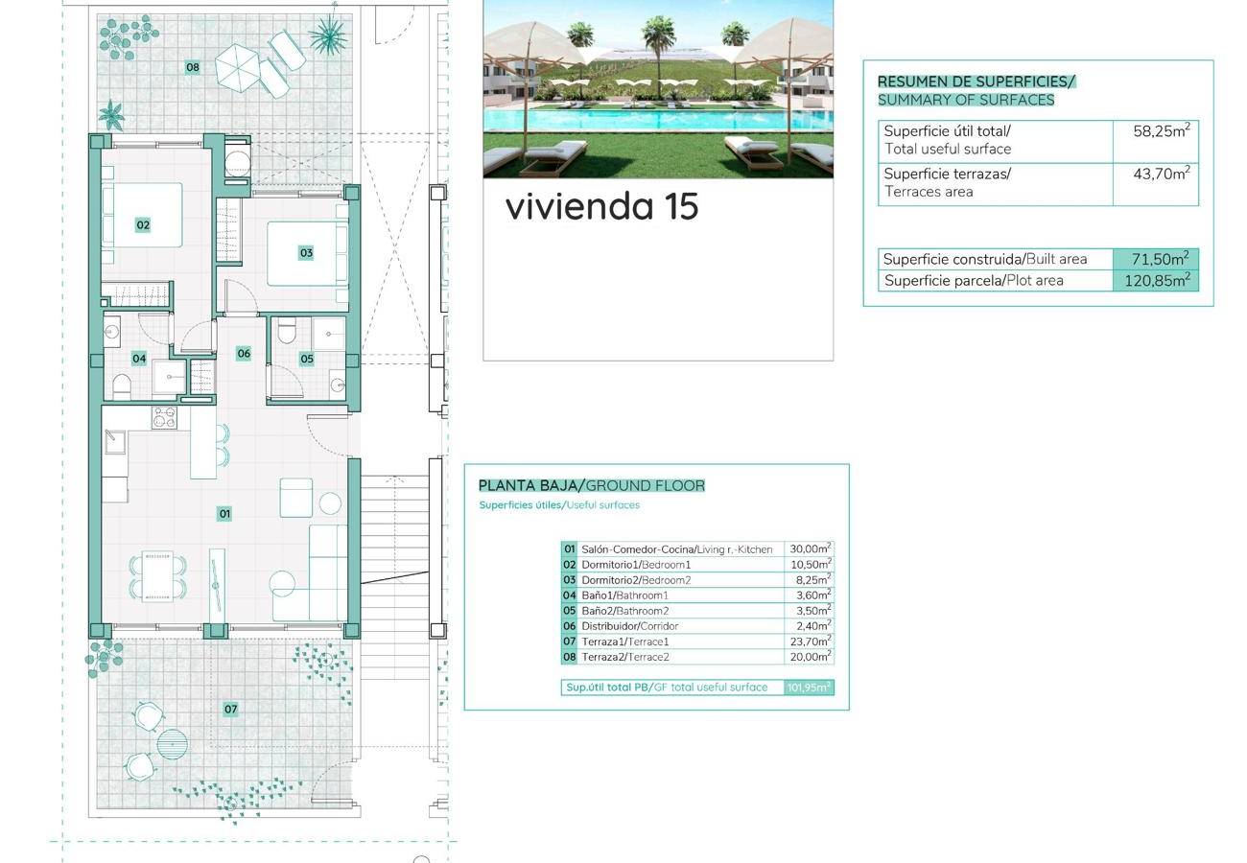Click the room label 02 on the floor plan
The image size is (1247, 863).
143,224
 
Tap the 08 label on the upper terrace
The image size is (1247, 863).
193,67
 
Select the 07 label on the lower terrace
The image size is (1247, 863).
230,709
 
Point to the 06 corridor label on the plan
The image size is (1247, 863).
244,353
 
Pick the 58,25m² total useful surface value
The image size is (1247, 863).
1162,130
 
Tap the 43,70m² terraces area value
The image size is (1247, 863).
1162,174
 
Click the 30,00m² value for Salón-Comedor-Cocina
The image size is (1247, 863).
811,548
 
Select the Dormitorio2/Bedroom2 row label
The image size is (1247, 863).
636,580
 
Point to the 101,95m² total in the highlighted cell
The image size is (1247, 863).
809,688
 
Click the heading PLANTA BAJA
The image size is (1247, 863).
528,486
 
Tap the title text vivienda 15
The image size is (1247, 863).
601,206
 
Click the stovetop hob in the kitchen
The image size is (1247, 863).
165,417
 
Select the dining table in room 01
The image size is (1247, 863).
157,576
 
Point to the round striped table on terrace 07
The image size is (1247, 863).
172,744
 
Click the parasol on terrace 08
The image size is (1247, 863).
238,68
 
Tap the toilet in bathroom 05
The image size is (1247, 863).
287,331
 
